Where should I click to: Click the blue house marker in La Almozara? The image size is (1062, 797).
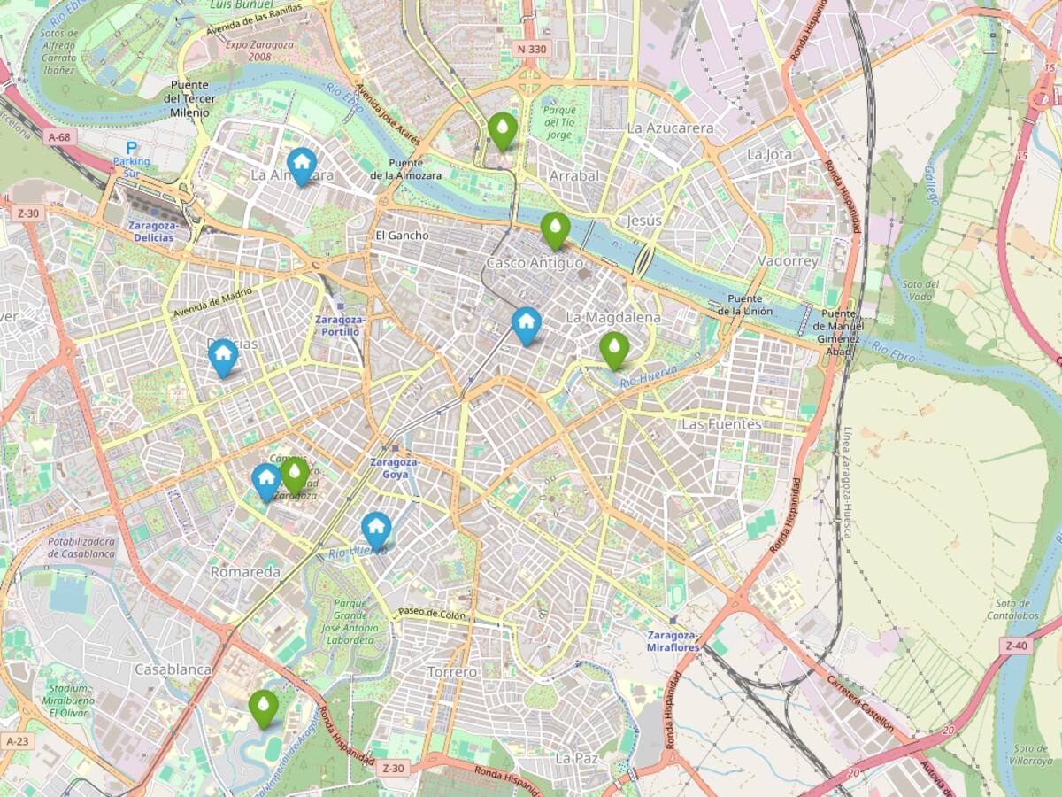302,165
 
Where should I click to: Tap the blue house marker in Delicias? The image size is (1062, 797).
223,356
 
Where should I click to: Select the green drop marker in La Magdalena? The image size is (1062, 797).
614,349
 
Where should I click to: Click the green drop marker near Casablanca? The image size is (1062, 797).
263,708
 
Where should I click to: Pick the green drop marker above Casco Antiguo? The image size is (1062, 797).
555,229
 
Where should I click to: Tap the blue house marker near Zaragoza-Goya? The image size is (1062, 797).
376,529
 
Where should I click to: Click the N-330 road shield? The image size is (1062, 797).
531,49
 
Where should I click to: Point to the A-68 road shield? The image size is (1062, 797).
60,137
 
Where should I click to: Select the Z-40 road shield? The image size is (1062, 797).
1017,646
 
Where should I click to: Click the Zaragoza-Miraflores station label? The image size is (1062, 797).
673,641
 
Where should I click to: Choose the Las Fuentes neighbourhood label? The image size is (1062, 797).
720,424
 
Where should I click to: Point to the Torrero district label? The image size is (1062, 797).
452,672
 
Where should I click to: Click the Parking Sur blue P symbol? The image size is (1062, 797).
132,149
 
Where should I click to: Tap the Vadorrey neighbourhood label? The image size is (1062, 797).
788,261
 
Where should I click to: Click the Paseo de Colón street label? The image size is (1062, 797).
431,613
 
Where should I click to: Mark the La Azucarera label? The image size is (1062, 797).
670,128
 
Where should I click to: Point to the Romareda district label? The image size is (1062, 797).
245,572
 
